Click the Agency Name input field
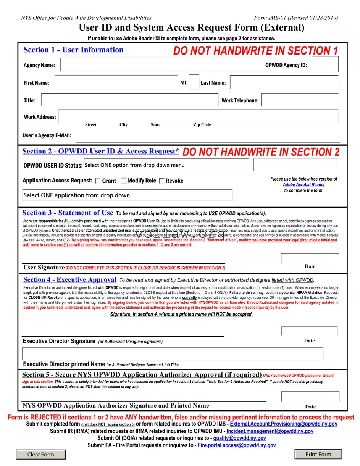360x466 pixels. click(161, 65)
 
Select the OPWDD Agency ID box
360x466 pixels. click(325, 64)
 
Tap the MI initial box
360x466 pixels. click(194, 82)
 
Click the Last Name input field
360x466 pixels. click(284, 82)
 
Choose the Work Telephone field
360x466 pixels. click(300, 100)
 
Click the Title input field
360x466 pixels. click(129, 100)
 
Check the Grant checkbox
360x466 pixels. click(98, 181)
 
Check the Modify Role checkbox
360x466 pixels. click(124, 181)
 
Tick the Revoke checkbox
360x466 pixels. click(162, 181)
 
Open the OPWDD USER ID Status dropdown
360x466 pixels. click(166, 165)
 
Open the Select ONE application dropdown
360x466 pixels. click(128, 195)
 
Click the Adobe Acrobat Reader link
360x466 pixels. click(304, 185)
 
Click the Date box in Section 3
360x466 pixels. click(310, 259)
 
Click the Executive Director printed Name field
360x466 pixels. click(173, 354)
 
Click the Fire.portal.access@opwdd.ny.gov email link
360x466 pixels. click(237, 445)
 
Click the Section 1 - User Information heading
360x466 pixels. click(73, 50)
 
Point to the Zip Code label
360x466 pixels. click(202, 125)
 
